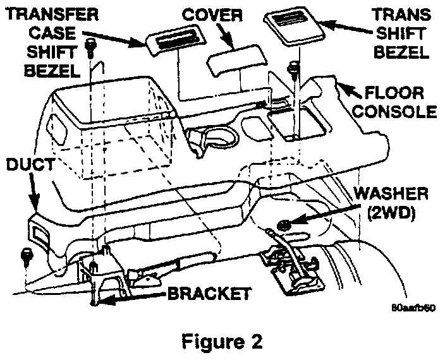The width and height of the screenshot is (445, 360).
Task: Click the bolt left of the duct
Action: [x=27, y=256]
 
